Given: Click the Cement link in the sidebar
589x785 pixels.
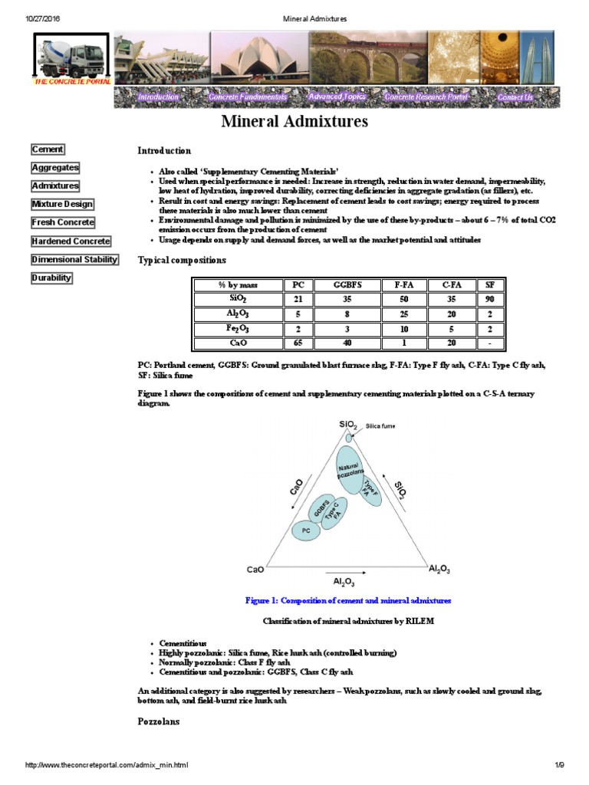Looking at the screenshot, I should (48, 149).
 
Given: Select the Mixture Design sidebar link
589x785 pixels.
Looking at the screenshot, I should (62, 205).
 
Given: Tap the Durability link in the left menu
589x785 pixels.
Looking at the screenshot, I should (51, 278).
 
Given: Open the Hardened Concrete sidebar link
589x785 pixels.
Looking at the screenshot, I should (71, 241).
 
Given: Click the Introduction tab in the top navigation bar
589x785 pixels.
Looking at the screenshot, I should (158, 97).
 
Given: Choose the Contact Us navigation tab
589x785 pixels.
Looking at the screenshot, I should (515, 97).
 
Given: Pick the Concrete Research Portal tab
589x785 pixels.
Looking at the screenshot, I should (426, 97).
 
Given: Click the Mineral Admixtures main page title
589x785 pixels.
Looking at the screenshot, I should (294, 122).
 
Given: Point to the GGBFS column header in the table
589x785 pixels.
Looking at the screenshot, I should (347, 285).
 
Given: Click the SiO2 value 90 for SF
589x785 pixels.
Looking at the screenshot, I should (489, 300).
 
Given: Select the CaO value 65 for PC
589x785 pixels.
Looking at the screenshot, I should (298, 343).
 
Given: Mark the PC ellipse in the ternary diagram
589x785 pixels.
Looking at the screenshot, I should (305, 530).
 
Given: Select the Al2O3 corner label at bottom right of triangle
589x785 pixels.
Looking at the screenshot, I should (439, 569).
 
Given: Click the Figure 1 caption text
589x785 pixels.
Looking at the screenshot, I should (347, 600).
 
